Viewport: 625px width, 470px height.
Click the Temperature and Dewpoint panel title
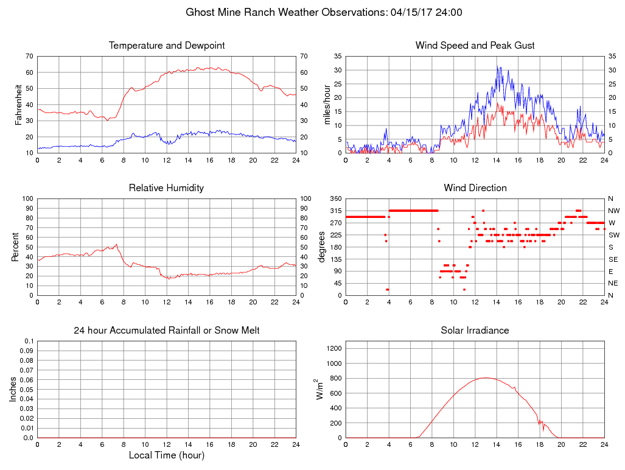point(167,46)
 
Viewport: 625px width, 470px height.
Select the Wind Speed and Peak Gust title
point(475,46)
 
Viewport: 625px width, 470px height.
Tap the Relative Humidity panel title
point(167,188)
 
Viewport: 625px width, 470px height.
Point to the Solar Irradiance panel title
point(475,331)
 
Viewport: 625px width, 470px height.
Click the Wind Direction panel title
point(475,188)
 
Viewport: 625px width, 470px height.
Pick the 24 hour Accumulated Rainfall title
point(167,331)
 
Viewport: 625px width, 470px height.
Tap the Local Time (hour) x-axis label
point(167,455)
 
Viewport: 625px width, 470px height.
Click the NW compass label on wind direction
point(614,211)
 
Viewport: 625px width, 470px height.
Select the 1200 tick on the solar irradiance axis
point(335,348)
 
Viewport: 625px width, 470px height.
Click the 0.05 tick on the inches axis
point(27,390)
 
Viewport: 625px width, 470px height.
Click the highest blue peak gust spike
point(497,67)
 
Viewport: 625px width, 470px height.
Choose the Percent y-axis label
point(15,247)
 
